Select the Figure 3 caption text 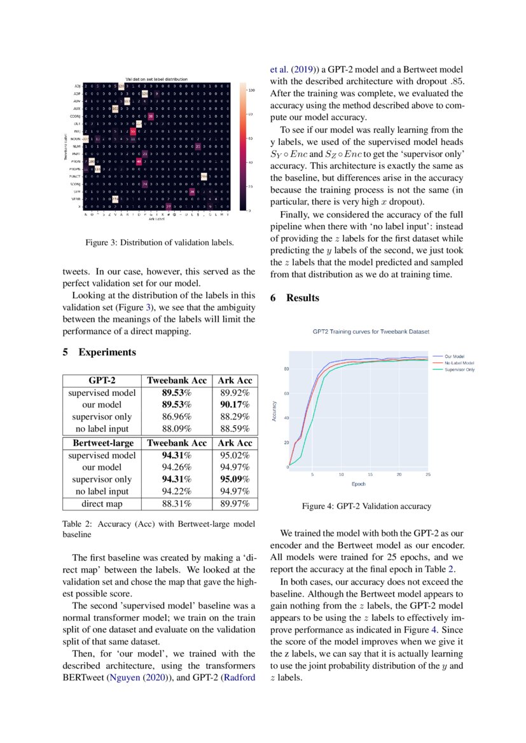[160, 242]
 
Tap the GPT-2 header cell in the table [102, 380]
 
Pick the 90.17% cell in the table [235, 405]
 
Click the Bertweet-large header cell [102, 442]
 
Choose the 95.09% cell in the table [235, 479]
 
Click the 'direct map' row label [102, 504]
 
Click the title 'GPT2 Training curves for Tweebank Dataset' [371, 332]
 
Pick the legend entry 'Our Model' [454, 357]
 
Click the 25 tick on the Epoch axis [427, 474]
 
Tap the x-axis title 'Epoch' [359, 484]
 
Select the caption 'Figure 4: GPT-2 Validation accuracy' [366, 507]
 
